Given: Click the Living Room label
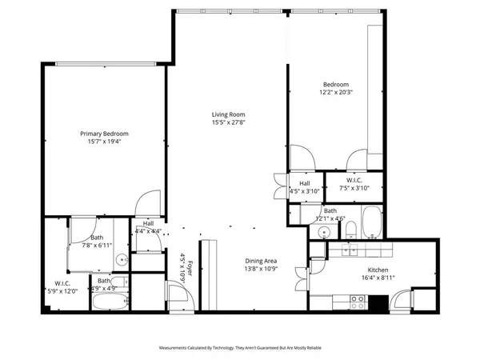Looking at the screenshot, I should pos(228,114).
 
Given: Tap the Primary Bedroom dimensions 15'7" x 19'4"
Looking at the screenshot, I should pos(104,142).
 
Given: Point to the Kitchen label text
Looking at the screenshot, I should pos(378,270).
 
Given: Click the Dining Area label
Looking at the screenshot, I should pos(261,260).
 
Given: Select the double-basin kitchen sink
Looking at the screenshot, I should pos(350,250).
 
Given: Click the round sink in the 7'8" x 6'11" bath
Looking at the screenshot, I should pos(122,258).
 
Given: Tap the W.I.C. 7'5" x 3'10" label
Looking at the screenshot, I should pos(352,186).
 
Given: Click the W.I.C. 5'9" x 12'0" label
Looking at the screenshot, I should pos(62,287).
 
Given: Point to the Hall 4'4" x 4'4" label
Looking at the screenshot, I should pos(149,227).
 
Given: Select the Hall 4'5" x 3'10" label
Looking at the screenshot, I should pos(304,188).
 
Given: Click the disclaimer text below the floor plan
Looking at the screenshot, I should pos(240,348).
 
